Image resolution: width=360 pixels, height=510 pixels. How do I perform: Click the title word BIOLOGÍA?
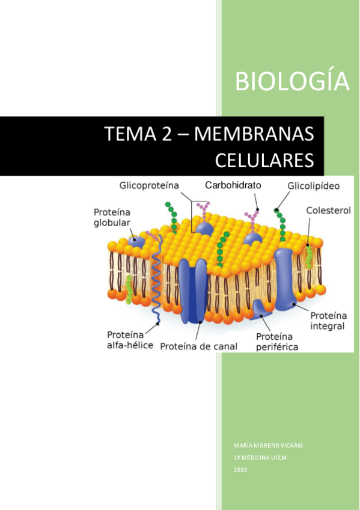coord(292,82)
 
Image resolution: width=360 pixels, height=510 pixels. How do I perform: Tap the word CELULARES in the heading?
coord(264,161)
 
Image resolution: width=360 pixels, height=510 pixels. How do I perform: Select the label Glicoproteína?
coord(150,186)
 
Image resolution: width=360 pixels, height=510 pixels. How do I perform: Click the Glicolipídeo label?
coord(313,186)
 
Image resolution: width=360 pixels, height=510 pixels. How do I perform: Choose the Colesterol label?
coord(328,211)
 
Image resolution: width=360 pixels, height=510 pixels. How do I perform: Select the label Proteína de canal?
coord(199,346)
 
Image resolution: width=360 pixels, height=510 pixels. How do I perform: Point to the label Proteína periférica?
coord(277,342)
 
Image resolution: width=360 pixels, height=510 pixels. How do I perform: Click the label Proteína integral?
coord(328,321)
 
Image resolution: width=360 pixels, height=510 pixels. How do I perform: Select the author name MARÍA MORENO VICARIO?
coord(268,446)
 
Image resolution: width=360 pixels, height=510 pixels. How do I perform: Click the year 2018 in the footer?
coord(240,470)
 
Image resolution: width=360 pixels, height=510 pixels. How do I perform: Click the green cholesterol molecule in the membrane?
coord(309,256)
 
